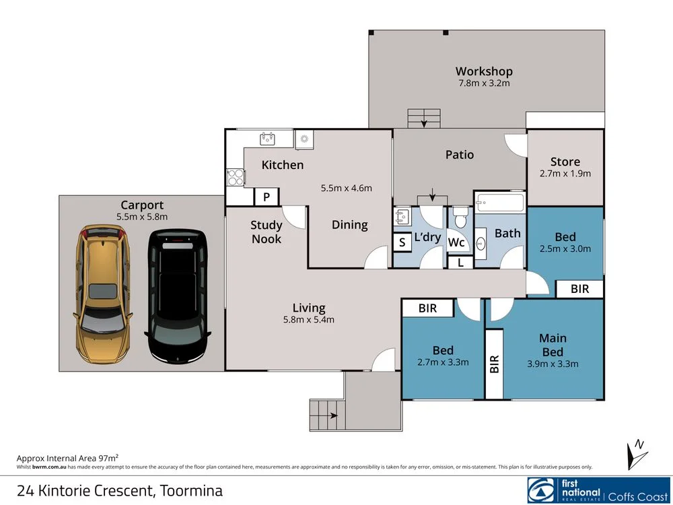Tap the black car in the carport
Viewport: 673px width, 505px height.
tap(178, 296)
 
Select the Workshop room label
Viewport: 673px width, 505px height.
tap(484, 71)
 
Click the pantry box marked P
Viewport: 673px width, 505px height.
tap(267, 197)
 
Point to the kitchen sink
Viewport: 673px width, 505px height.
tap(267, 139)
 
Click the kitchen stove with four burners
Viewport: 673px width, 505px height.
tap(236, 177)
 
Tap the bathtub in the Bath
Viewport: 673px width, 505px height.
tap(500, 202)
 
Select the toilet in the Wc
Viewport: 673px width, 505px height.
tap(460, 217)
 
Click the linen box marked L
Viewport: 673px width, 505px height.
tap(460, 263)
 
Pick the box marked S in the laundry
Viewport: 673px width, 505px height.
tap(402, 242)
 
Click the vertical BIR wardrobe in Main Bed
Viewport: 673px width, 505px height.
tap(494, 364)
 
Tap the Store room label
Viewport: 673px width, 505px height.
tap(565, 162)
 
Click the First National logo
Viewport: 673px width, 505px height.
tap(598, 490)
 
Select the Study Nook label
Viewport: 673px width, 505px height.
tap(267, 232)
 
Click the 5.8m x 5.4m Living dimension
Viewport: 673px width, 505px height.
tap(309, 319)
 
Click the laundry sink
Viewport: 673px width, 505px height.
tap(402, 217)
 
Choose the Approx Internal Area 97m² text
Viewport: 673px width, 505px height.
tap(67, 458)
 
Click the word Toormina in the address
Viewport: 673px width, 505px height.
tap(191, 490)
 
